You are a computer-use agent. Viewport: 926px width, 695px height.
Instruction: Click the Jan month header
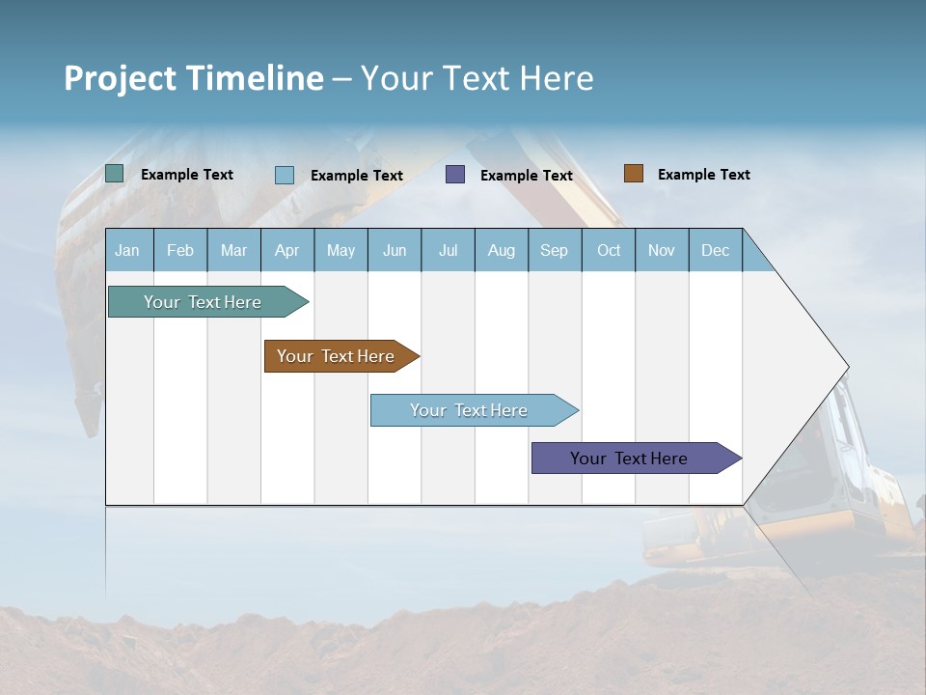point(127,250)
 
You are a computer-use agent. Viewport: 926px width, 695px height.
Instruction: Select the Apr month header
point(286,250)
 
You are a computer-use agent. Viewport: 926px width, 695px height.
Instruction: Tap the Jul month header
point(448,250)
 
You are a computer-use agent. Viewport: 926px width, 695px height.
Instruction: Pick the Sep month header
point(554,250)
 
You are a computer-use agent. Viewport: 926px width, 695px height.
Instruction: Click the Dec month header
point(715,250)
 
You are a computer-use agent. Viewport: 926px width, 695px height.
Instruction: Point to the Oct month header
point(609,250)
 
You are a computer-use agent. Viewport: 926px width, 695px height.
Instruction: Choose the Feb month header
point(180,250)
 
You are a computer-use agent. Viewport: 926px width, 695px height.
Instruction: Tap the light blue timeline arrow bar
point(470,410)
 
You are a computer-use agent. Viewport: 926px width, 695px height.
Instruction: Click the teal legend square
point(114,174)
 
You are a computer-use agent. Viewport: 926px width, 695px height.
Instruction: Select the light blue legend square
point(285,175)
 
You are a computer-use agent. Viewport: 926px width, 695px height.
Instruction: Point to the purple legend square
point(455,175)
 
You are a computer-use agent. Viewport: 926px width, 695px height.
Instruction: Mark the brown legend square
point(633,174)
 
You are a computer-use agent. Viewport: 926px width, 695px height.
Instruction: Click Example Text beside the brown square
point(703,175)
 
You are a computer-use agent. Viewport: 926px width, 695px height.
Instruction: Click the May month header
point(340,250)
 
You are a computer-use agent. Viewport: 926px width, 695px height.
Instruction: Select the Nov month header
point(662,250)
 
